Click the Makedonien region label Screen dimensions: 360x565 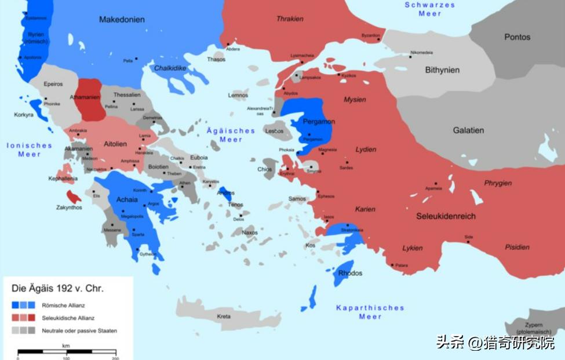[x=122, y=20]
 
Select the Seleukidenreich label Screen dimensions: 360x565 [x=446, y=216]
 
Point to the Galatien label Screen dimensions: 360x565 [x=468, y=130]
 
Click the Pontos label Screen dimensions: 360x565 [x=517, y=37]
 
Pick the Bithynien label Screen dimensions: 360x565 [x=442, y=70]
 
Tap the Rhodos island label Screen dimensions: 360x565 [x=351, y=273]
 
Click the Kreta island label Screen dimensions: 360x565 [x=224, y=317]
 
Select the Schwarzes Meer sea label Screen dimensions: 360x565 [x=429, y=9]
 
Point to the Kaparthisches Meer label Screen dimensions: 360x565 [x=370, y=312]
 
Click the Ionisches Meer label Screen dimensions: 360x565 [x=29, y=150]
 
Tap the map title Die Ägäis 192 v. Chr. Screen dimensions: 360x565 [x=57, y=288]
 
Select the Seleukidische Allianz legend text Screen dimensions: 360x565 [x=68, y=318]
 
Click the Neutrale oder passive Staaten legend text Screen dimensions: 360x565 [x=79, y=331]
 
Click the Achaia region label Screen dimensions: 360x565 [x=127, y=199]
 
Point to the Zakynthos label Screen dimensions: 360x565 [x=69, y=208]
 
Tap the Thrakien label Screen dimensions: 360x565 [x=290, y=19]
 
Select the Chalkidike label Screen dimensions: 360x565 [x=169, y=68]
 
